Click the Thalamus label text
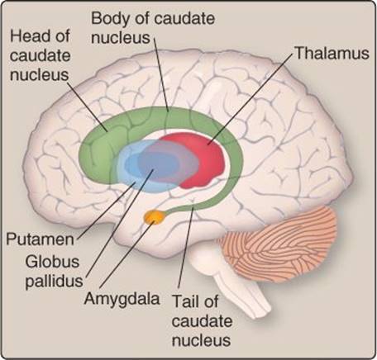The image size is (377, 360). tap(332, 53)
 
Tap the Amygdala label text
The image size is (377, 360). tap(122, 299)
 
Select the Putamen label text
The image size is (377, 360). tap(41, 239)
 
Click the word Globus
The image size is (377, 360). tap(52, 262)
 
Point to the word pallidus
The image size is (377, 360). tap(54, 282)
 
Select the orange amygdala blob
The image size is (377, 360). tap(155, 217)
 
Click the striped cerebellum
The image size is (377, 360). tap(279, 245)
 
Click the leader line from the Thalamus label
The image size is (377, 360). tap(251, 98)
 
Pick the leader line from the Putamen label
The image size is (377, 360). tap(106, 210)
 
